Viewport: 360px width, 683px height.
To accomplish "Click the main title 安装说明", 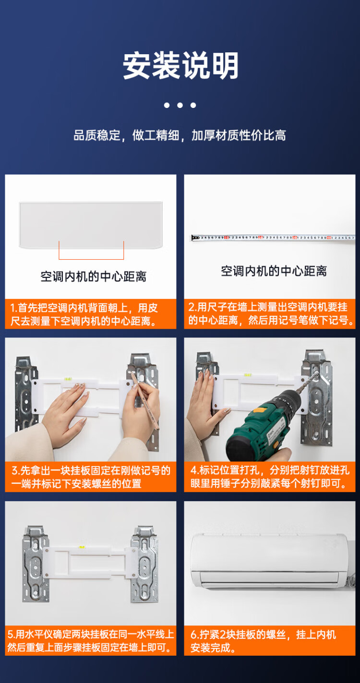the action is click(x=180, y=65).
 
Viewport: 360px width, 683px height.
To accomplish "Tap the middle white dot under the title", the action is click(x=180, y=105).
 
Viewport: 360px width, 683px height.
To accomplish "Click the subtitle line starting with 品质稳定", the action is click(x=180, y=135).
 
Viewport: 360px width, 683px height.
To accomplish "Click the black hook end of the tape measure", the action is click(x=195, y=238).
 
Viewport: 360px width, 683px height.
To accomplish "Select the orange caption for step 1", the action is click(x=91, y=314).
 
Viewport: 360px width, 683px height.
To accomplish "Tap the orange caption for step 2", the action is click(x=270, y=314).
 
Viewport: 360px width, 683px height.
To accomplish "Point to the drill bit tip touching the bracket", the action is click(x=316, y=372).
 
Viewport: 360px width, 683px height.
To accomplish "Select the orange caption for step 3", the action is click(x=91, y=477).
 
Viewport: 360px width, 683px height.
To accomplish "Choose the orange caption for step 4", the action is click(x=270, y=477).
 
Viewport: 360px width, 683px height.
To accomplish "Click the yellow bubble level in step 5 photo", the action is click(x=82, y=547).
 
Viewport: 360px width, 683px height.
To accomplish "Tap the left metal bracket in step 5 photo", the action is click(x=36, y=564).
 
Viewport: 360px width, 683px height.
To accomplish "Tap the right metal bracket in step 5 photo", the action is click(x=144, y=564).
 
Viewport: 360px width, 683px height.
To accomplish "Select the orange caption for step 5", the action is click(x=91, y=640).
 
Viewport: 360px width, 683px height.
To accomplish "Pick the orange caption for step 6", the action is click(x=270, y=640).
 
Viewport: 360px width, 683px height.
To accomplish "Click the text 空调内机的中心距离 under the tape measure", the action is click(x=274, y=271).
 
